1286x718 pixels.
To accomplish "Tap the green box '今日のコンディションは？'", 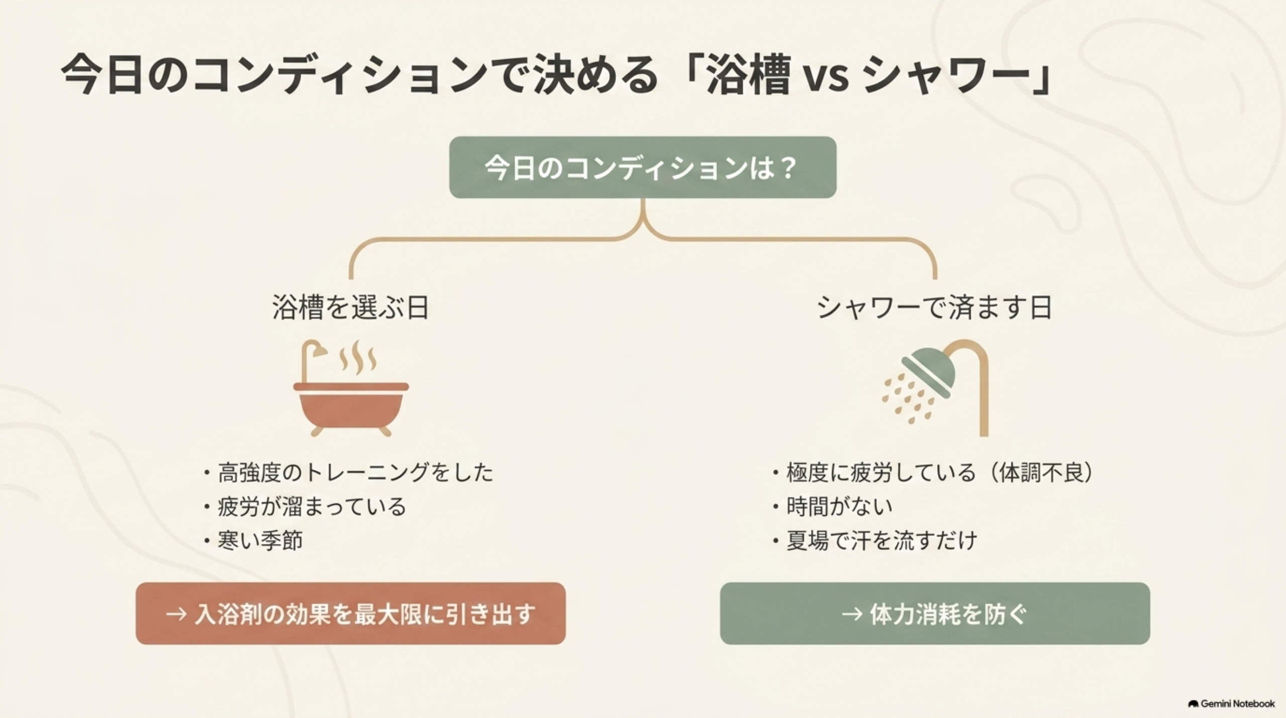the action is (642, 167).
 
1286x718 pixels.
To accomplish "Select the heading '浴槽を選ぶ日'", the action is (351, 307).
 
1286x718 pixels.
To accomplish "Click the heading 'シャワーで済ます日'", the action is (934, 307).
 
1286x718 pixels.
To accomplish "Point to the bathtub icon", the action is (351, 388).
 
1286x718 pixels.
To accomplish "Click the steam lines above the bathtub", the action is (358, 357).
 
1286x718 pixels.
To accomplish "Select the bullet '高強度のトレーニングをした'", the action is (355, 473).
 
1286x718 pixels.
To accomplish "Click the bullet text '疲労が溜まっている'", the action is (311, 506).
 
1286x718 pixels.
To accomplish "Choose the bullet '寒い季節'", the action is (260, 541).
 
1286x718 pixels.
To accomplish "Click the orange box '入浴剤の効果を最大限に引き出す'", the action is (351, 613).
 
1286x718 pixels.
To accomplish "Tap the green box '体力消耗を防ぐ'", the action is (935, 613).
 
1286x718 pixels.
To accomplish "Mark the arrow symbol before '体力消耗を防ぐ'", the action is (852, 614).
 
